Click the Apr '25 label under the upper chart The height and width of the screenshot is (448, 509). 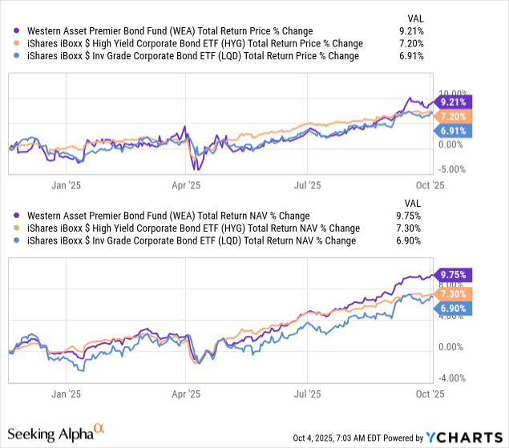point(188,184)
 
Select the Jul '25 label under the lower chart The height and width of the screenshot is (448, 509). point(308,394)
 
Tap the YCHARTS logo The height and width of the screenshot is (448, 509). point(467,438)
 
